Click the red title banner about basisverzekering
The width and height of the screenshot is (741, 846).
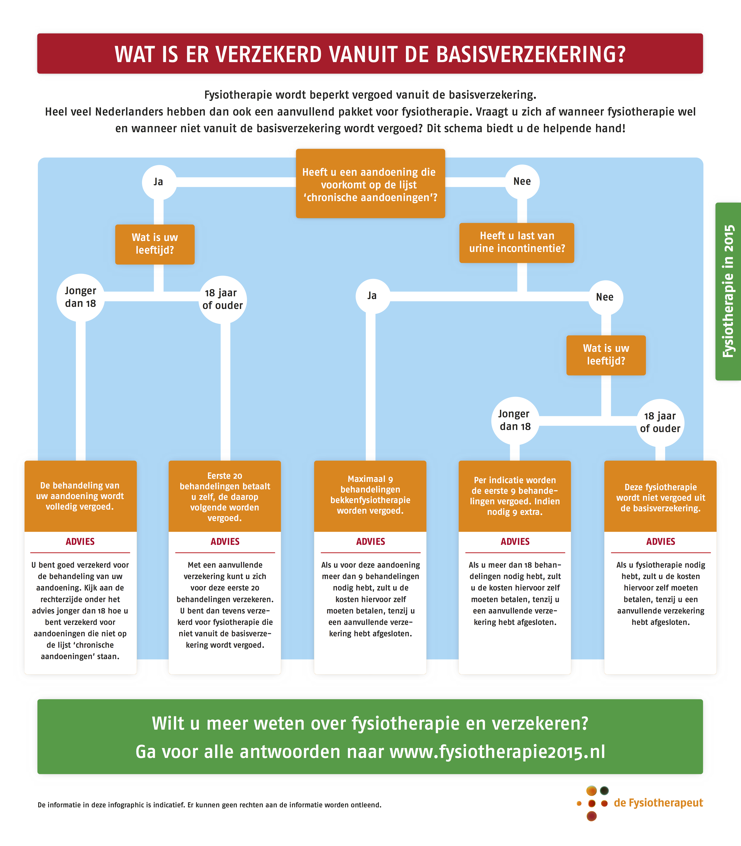(x=370, y=54)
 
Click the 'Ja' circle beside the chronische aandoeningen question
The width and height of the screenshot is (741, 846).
(x=159, y=182)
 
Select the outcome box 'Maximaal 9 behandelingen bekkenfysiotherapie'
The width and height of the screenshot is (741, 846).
(x=370, y=496)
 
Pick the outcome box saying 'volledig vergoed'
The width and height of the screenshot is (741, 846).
(x=81, y=496)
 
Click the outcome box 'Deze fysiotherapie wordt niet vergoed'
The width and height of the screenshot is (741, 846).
(x=660, y=496)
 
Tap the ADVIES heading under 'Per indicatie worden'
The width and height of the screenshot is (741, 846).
(x=515, y=541)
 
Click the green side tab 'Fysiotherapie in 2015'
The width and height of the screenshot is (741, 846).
(x=728, y=291)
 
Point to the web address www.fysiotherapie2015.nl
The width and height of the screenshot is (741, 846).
(x=497, y=752)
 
